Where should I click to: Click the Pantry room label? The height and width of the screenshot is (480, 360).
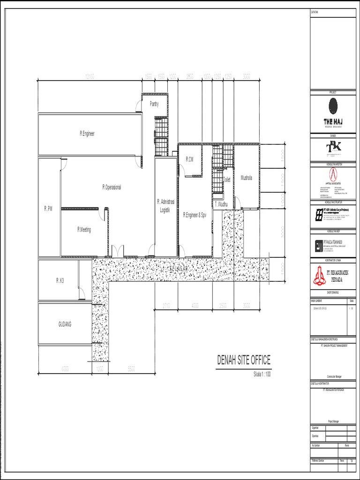pyautogui.click(x=154, y=104)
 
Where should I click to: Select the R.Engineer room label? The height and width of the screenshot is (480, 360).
pyautogui.click(x=87, y=134)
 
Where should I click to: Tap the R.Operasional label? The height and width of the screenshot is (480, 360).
pyautogui.click(x=112, y=187)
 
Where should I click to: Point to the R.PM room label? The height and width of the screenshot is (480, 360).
pyautogui.click(x=48, y=208)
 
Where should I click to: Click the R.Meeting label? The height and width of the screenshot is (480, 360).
pyautogui.click(x=84, y=230)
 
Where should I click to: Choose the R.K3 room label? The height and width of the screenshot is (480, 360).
pyautogui.click(x=60, y=280)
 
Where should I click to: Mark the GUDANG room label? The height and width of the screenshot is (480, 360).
pyautogui.click(x=65, y=324)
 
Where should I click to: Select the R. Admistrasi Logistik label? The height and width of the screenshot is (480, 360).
pyautogui.click(x=165, y=206)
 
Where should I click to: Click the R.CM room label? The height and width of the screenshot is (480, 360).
pyautogui.click(x=189, y=160)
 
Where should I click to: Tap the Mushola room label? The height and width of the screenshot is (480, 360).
pyautogui.click(x=246, y=178)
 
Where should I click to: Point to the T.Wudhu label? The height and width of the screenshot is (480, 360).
pyautogui.click(x=221, y=204)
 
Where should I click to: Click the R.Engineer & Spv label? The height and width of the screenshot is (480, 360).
pyautogui.click(x=195, y=215)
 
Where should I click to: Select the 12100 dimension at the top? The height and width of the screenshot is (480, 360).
pyautogui.click(x=89, y=76)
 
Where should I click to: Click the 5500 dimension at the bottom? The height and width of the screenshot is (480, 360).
pyautogui.click(x=131, y=369)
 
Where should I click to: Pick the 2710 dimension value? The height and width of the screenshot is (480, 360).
pyautogui.click(x=166, y=306)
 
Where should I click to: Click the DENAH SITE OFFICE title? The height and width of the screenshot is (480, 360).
pyautogui.click(x=243, y=360)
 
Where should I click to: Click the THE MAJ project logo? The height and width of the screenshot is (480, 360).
pyautogui.click(x=333, y=112)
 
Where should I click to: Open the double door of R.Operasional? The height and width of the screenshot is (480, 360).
pyautogui.click(x=118, y=251)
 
